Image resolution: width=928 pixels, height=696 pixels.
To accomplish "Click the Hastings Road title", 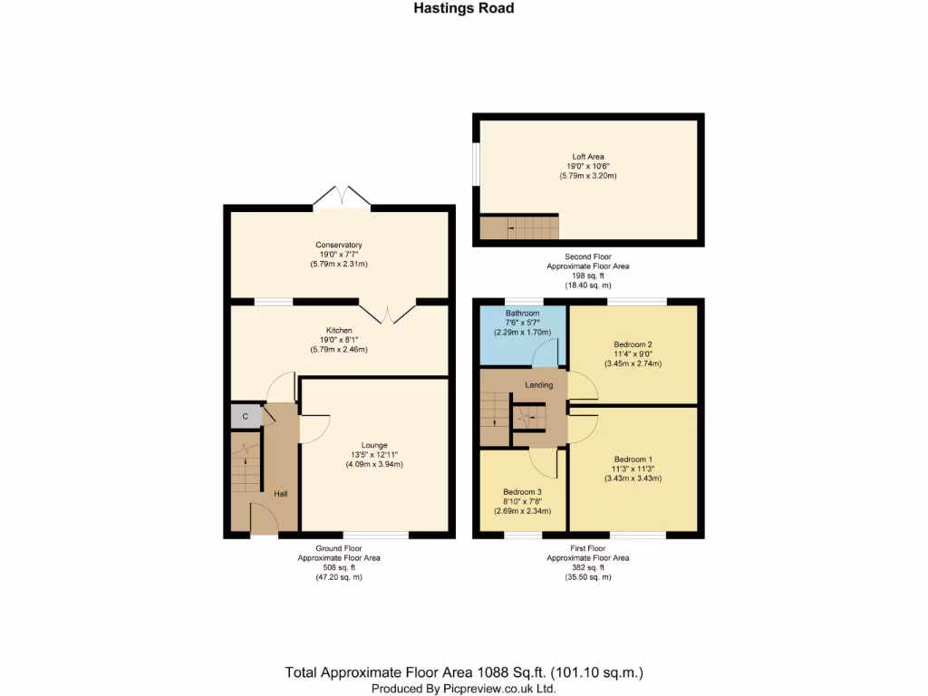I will pyautogui.click(x=464, y=8).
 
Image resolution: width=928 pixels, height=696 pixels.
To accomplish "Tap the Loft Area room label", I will pyautogui.click(x=588, y=156).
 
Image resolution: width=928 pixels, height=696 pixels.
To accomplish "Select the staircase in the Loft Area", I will pyautogui.click(x=519, y=227).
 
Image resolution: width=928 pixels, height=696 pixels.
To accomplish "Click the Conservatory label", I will pyautogui.click(x=339, y=245).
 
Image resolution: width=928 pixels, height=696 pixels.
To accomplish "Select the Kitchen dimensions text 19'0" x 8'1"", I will pyautogui.click(x=339, y=340).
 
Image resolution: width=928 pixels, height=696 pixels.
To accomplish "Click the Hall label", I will pyautogui.click(x=281, y=493).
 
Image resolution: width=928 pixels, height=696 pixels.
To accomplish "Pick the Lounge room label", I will pyautogui.click(x=374, y=445).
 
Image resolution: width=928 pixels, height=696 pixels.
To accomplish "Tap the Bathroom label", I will pyautogui.click(x=522, y=314).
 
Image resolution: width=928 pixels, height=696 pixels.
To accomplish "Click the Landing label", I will pyautogui.click(x=539, y=385).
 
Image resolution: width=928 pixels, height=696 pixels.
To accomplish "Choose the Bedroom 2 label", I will pyautogui.click(x=633, y=344).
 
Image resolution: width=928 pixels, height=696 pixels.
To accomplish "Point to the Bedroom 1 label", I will pyautogui.click(x=633, y=458).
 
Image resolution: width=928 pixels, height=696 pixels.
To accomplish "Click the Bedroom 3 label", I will pyautogui.click(x=522, y=492).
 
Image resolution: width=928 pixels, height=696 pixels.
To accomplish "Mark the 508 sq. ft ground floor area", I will pyautogui.click(x=339, y=568).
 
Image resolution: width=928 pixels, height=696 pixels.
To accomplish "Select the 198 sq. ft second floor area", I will pyautogui.click(x=587, y=275).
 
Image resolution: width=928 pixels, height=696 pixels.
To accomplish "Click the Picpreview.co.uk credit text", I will pyautogui.click(x=463, y=689).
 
